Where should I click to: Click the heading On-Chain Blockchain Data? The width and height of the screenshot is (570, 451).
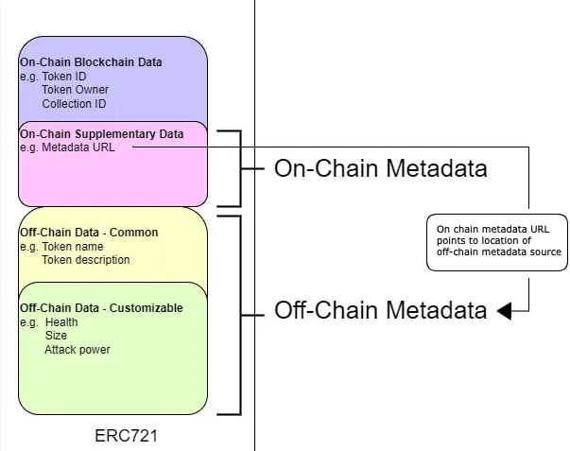(91, 62)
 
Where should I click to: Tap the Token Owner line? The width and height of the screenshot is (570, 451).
(75, 90)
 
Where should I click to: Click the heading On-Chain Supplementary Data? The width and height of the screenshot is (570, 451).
(101, 134)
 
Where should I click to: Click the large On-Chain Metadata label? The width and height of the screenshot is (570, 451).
(380, 168)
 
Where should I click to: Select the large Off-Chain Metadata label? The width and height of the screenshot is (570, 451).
(380, 310)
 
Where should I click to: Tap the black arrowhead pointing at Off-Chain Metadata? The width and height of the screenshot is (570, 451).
(504, 311)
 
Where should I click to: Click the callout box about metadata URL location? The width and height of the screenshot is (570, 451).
(498, 242)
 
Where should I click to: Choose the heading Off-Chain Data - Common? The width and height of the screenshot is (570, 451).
(89, 233)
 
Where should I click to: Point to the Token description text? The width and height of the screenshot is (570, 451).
(86, 260)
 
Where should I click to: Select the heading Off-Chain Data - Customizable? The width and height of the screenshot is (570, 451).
(101, 308)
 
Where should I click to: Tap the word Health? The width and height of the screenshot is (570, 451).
(61, 322)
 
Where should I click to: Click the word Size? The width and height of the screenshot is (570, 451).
(56, 336)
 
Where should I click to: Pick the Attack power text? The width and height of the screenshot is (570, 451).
(77, 350)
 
